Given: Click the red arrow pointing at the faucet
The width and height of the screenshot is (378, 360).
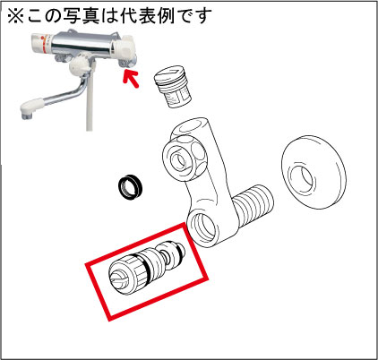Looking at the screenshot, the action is tap(131, 78).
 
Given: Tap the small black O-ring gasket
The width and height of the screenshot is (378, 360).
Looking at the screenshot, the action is tap(130, 187).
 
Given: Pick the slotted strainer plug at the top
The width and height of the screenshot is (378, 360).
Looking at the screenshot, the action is tap(173, 86).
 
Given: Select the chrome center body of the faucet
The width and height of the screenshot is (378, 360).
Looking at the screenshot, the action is tap(82, 45).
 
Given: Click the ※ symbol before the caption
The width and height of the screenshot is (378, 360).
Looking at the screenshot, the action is tap(15, 15).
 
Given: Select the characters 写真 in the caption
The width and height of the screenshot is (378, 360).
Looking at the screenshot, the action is tap(82, 15).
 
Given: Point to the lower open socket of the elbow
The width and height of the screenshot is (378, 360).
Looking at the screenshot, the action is tap(204, 228).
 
